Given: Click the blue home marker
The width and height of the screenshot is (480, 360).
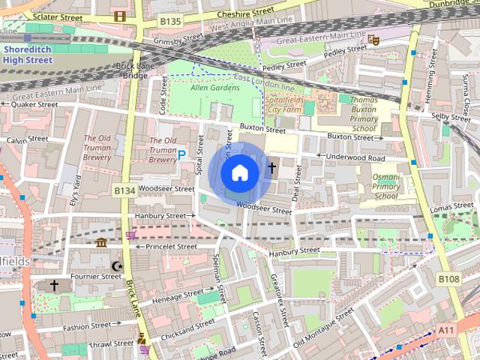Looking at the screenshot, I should pos(239,173).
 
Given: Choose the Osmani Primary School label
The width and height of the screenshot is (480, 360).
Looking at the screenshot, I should pos(385,186).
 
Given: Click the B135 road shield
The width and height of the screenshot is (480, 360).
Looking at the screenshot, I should pos(170,22).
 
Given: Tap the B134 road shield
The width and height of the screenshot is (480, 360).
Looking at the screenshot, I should pos(124,191).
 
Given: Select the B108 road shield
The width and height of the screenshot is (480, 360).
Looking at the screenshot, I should pos(448,279).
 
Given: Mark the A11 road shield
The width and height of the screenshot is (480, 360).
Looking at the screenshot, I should pos(447,330).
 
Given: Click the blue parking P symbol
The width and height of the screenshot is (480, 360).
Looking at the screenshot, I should pos(181,155).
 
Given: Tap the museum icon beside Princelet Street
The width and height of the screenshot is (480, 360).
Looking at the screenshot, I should pos(101,242).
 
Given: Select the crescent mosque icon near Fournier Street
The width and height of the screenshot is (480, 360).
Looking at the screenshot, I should pos(116,265).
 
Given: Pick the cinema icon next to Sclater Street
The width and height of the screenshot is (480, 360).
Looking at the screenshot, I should pos(119,16).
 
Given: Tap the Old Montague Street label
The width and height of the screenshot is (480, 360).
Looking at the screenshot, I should pos(324,329).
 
